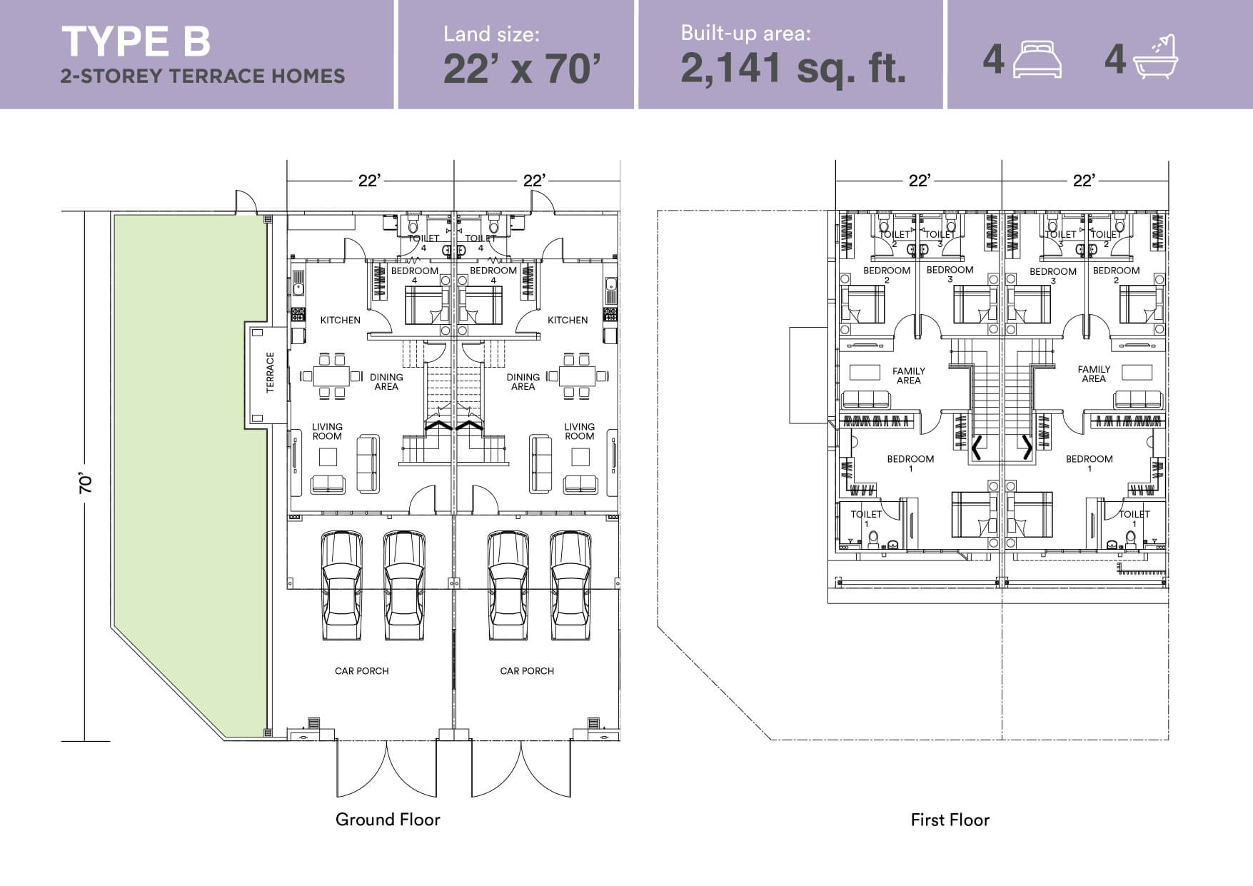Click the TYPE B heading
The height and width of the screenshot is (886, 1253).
coord(136,41)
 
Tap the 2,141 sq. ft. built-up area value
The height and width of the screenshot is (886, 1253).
coord(793,69)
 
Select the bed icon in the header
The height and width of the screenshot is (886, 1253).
coord(1037,59)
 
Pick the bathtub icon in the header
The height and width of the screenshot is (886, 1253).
coord(1154,56)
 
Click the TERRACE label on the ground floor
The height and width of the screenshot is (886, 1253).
coord(270,373)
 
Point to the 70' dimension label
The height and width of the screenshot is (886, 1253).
coord(86,483)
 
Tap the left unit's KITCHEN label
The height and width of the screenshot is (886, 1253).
coord(340,320)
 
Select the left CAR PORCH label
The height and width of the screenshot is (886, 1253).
coord(362,671)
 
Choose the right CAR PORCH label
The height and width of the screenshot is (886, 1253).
coord(527,671)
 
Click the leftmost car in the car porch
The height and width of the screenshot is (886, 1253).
coord(341,585)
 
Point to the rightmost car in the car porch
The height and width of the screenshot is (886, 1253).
coord(570,585)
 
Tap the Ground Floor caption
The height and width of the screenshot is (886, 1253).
coord(388,820)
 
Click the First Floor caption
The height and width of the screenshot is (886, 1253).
coord(950,820)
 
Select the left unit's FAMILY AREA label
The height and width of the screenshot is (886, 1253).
coord(909,376)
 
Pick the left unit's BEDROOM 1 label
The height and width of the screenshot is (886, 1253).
coord(910,463)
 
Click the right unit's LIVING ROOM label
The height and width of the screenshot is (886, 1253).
coord(579,431)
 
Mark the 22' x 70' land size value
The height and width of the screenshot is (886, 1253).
coord(522,69)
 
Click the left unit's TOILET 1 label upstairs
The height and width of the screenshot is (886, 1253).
coord(866,518)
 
